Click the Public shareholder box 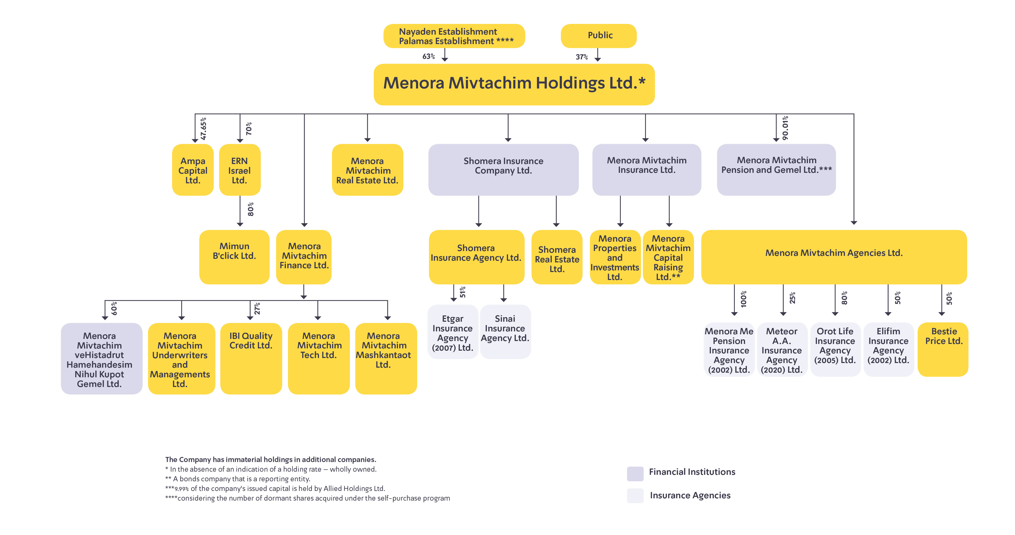599,36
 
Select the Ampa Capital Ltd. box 193,170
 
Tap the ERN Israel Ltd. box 240,170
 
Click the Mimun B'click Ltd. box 235,257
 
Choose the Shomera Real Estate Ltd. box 557,257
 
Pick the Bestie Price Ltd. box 943,350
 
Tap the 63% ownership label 429,56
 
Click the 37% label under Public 582,57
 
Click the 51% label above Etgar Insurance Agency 463,292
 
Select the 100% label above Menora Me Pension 744,299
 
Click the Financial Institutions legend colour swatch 635,474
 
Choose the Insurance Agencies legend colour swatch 635,496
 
